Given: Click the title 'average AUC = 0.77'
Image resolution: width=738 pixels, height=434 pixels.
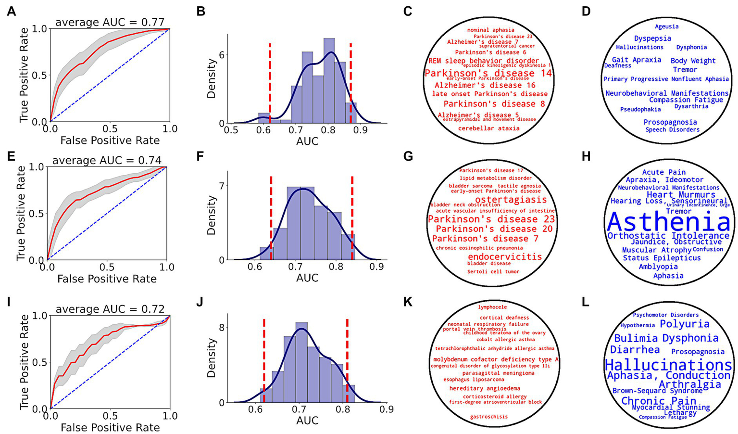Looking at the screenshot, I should [110, 22].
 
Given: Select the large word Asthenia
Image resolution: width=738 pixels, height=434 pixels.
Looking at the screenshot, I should [668, 222].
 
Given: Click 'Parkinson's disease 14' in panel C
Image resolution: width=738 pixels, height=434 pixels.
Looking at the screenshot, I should [488, 73].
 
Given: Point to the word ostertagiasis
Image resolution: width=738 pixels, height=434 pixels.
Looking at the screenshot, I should [511, 199].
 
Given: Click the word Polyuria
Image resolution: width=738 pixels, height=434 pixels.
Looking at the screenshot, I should [685, 324].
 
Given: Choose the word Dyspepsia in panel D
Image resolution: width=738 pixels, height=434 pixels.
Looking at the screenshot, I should [652, 38].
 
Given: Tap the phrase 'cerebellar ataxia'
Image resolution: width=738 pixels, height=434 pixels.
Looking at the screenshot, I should [488, 128].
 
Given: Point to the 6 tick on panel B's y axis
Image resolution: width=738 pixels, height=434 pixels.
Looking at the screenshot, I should [222, 55].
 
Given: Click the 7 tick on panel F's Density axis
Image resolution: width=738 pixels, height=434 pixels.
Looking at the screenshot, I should [222, 186].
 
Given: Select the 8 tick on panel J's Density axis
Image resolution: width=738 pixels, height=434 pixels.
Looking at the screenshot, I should [222, 327].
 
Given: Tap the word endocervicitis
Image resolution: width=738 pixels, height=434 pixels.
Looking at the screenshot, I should [505, 256].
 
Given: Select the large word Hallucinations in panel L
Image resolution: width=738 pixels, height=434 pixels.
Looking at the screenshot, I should [668, 365].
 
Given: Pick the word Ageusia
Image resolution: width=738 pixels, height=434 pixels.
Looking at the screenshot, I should [667, 26].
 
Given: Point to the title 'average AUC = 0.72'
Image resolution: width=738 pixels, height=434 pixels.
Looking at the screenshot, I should [110, 309].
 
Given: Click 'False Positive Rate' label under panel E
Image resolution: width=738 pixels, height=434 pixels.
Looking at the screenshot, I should [107, 279].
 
